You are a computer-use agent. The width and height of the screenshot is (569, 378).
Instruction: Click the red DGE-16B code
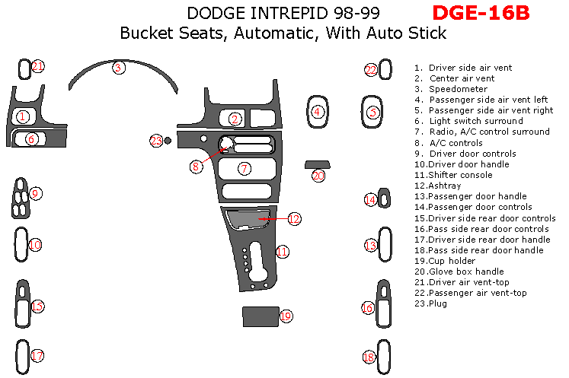pos(480,13)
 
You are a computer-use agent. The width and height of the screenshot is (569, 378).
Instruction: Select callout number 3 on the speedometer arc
pos(118,68)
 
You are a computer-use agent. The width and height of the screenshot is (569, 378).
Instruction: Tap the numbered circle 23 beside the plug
pos(156,140)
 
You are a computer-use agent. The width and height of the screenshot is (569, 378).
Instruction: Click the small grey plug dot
pos(168,140)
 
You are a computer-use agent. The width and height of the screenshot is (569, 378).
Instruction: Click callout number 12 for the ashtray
pos(294,219)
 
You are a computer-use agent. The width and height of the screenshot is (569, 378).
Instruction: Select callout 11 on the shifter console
pos(283,251)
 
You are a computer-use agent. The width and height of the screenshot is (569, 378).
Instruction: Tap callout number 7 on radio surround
pos(244,168)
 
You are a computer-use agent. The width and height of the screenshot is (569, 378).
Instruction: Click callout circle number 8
pos(196,165)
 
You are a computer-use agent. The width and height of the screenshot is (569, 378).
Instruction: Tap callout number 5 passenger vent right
pos(372,112)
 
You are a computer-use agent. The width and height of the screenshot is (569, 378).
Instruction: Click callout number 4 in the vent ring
pos(317,112)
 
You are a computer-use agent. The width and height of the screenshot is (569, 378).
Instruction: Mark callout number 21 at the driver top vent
pos(38,67)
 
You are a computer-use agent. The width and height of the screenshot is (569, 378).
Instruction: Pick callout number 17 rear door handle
pos(37,355)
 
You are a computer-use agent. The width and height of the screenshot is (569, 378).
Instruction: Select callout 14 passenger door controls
pos(370,200)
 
